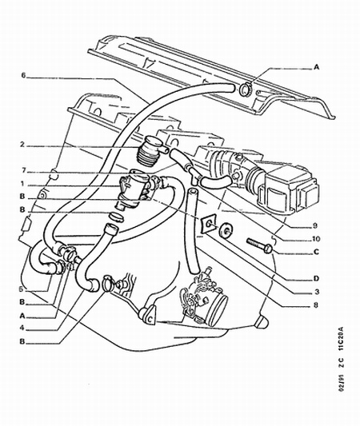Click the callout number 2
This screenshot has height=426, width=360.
[22, 145]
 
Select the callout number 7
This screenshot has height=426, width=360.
[23, 170]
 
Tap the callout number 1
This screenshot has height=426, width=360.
[22, 184]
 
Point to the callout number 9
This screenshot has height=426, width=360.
[315, 225]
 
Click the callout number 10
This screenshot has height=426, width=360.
[315, 239]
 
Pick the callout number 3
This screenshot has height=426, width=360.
[317, 292]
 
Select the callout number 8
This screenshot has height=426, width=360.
[316, 305]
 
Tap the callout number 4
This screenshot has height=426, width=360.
[22, 328]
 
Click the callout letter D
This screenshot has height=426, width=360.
[316, 279]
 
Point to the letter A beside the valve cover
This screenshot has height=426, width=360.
[316, 67]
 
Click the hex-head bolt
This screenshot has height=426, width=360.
[259, 245]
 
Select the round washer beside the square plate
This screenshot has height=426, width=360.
[226, 230]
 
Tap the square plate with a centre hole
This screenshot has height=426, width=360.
[209, 223]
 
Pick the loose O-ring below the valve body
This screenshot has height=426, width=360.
[116, 217]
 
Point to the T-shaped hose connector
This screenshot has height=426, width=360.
[194, 173]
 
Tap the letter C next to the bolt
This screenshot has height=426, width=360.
[316, 252]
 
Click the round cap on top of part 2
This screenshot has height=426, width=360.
[152, 141]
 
